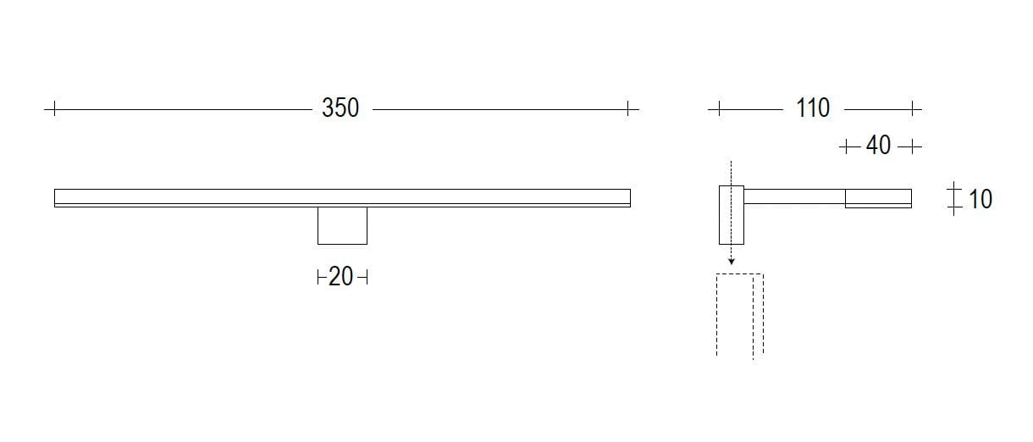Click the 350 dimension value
[340, 108]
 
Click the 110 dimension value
[813, 108]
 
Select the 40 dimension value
[879, 146]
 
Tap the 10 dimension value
[980, 200]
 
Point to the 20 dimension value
[340, 277]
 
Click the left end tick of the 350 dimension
[53, 108]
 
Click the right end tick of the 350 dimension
[628, 108]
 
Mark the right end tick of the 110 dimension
[913, 108]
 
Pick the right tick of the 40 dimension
[911, 146]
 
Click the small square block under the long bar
[342, 225]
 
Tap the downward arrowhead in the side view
[731, 262]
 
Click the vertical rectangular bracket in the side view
[731, 213]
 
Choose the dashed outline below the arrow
[739, 313]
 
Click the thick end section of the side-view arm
[878, 198]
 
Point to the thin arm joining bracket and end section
[794, 196]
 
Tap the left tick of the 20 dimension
[318, 277]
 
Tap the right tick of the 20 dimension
[366, 277]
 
